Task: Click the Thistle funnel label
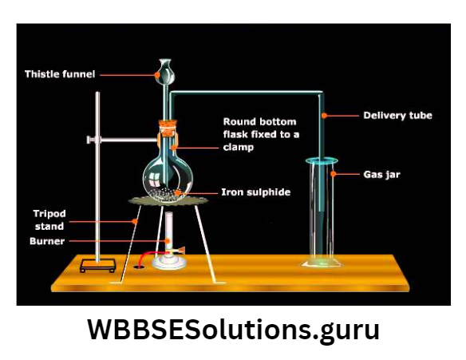[60, 74]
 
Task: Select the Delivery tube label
[397, 116]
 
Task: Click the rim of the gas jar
[322, 162]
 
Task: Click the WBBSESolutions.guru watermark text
[233, 330]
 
